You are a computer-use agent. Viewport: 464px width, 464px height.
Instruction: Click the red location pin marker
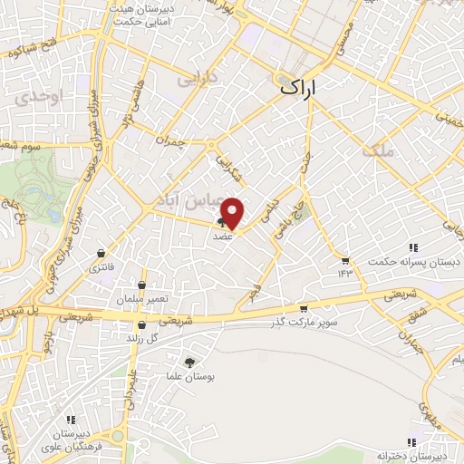[233, 212]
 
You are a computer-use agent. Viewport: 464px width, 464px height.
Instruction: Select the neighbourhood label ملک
[380, 150]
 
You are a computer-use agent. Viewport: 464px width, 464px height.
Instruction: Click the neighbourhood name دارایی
[197, 79]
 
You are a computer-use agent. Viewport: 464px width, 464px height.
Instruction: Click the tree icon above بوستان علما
[188, 362]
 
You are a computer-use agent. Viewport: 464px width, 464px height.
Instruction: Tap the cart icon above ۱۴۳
[344, 260]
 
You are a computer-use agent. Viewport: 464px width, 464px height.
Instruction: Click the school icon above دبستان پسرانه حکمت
[412, 247]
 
